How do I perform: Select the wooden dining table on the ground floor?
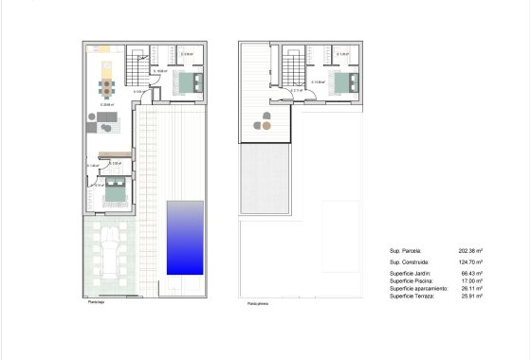(107, 89)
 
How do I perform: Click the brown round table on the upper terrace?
(267, 119)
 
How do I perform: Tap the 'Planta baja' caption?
(96, 302)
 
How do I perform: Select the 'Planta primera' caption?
(258, 303)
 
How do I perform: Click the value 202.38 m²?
(471, 251)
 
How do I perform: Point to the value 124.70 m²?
(471, 261)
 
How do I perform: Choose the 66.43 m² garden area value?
(472, 273)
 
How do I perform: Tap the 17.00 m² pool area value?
(472, 280)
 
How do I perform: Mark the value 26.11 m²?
(472, 288)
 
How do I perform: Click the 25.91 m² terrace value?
(472, 296)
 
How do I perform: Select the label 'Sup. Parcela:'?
(405, 251)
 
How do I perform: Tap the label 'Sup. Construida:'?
(409, 261)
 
